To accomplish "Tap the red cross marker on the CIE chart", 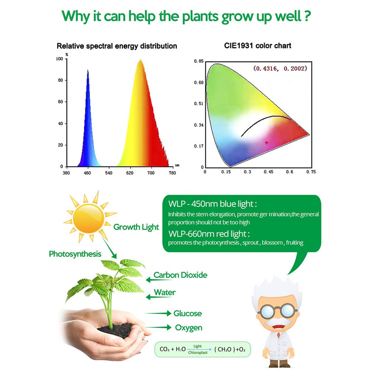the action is coord(266,142).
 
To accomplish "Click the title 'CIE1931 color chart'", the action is coord(258,46).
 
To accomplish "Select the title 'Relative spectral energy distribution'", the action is coord(117,46).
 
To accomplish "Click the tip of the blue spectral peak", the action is coord(88,70).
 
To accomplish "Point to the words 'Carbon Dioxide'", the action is coord(180,275).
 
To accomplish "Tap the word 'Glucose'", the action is coord(188,313).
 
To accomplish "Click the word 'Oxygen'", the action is coord(189,328).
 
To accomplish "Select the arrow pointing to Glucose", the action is coord(158,313).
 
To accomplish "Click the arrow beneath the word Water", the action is coord(159,297).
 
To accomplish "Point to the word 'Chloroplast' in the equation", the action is coord(198,352).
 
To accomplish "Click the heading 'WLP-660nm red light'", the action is coord(209,234).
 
